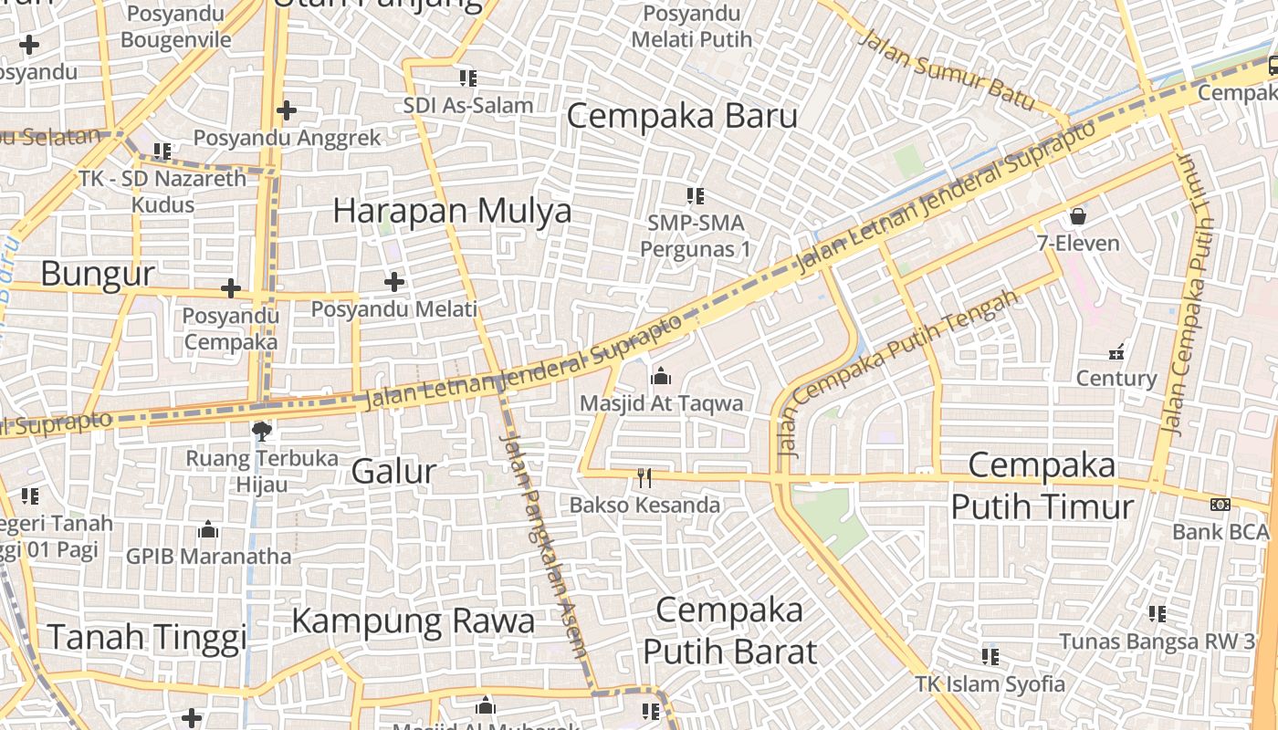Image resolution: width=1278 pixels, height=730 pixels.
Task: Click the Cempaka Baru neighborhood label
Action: click(x=682, y=116)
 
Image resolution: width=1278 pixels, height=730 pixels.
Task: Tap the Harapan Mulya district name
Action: click(x=452, y=211)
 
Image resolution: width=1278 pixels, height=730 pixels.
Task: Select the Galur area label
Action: click(x=393, y=471)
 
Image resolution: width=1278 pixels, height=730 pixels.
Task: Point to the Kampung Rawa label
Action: click(x=413, y=620)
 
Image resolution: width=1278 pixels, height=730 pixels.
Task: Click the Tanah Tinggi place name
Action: click(x=146, y=637)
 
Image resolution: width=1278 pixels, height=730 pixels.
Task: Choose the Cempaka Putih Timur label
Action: click(x=1042, y=485)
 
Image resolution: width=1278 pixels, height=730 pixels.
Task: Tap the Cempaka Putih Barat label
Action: click(x=729, y=631)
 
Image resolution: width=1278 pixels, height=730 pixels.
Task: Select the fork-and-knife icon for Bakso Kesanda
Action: click(x=644, y=477)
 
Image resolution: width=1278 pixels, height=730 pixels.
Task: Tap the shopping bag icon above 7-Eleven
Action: click(x=1078, y=216)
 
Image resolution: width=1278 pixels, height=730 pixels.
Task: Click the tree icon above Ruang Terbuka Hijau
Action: click(x=262, y=430)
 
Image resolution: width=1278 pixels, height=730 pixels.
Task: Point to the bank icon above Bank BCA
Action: click(x=1220, y=505)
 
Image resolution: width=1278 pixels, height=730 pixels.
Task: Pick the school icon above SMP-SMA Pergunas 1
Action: click(x=695, y=195)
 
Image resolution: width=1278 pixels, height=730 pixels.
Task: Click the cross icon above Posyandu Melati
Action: click(x=393, y=282)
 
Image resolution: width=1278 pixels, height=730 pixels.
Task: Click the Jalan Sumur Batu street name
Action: click(x=947, y=70)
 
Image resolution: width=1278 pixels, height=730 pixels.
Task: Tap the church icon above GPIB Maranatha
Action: click(x=208, y=529)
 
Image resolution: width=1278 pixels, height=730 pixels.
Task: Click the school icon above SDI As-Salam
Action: click(x=467, y=78)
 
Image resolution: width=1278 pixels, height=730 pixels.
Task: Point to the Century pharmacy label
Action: click(x=1116, y=378)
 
